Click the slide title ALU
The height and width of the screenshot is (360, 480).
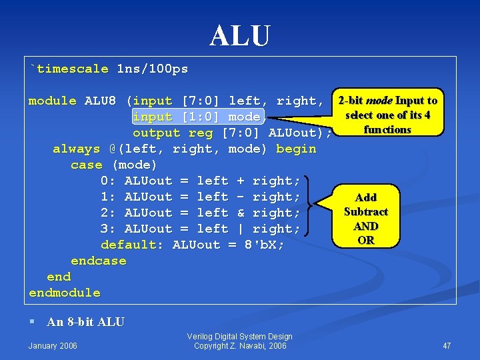click(240, 35)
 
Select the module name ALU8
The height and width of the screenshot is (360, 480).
click(100, 101)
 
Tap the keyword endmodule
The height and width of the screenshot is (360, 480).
click(65, 293)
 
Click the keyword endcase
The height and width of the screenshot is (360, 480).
click(99, 261)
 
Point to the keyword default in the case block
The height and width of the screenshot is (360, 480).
click(129, 245)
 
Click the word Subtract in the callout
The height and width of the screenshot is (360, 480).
click(365, 212)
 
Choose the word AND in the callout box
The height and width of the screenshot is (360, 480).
click(365, 226)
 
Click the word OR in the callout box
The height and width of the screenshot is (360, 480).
click(365, 240)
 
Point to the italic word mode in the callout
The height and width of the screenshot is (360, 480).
click(379, 101)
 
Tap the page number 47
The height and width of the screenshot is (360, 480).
click(447, 345)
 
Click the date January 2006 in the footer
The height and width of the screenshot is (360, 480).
click(53, 345)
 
